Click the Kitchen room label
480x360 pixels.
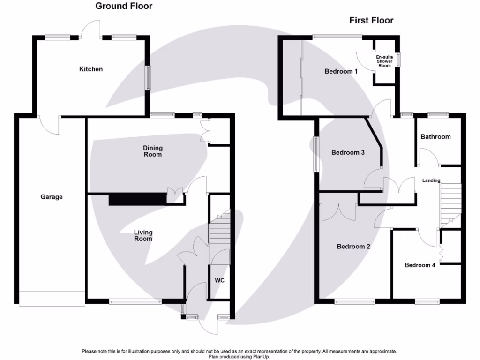91,69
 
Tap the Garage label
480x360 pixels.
52,197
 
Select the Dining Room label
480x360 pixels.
153,151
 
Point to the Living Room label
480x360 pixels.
143,235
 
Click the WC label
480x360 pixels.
220,281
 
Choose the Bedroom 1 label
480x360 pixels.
341,72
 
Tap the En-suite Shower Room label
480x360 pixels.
384,61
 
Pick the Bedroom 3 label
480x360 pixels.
348,153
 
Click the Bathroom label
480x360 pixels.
435,137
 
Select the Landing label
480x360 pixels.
431,180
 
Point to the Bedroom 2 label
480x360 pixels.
354,247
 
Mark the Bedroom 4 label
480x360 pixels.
420,265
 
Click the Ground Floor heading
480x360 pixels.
124,6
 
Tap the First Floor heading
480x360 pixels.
371,20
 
